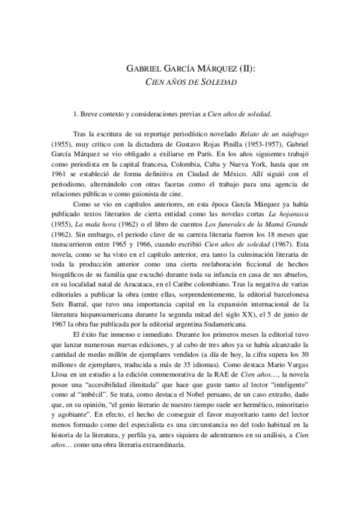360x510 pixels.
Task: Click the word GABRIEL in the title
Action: pos(142,68)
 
